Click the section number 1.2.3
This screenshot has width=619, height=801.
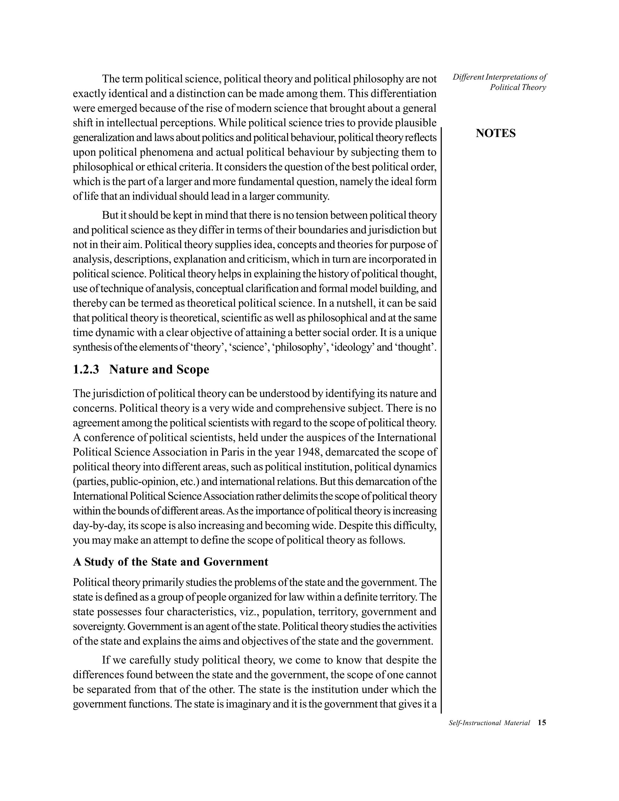coord(86,369)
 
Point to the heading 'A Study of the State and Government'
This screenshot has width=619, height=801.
coord(170,562)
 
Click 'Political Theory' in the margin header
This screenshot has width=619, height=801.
coord(518,87)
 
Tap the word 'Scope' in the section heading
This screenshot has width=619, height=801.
coord(193,369)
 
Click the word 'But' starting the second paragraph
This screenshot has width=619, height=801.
coord(109,215)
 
